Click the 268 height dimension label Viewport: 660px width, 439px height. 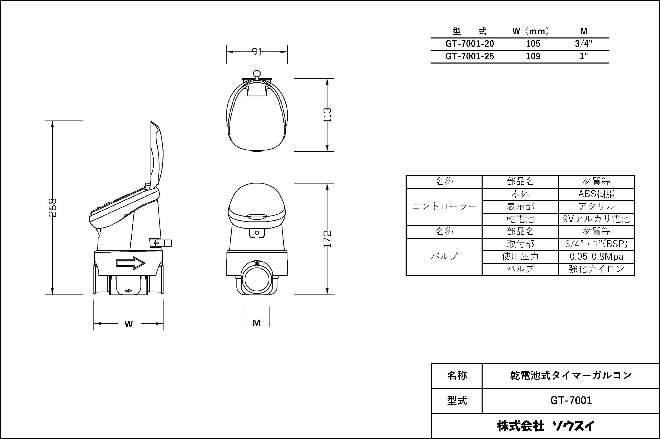(x=53, y=207)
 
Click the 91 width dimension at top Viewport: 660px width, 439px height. (x=257, y=52)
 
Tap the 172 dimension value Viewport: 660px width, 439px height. (x=327, y=239)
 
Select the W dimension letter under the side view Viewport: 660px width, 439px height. (x=129, y=324)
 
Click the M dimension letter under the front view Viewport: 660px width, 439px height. (x=256, y=323)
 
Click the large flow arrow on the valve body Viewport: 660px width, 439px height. (x=131, y=263)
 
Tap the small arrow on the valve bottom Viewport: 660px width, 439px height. (x=128, y=291)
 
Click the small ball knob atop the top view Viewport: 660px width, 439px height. (x=257, y=74)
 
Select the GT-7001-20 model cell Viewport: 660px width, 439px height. (x=470, y=44)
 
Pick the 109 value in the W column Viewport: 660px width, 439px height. (x=533, y=56)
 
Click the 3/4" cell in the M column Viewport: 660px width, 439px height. (x=584, y=44)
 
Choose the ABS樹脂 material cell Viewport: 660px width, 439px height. (x=596, y=194)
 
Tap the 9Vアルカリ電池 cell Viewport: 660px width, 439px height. (x=596, y=219)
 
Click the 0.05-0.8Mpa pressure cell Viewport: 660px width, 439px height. (x=596, y=257)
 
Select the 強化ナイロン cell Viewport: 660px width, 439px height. (x=596, y=269)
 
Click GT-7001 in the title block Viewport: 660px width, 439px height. (x=571, y=401)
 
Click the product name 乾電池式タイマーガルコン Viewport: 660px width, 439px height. (x=571, y=375)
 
